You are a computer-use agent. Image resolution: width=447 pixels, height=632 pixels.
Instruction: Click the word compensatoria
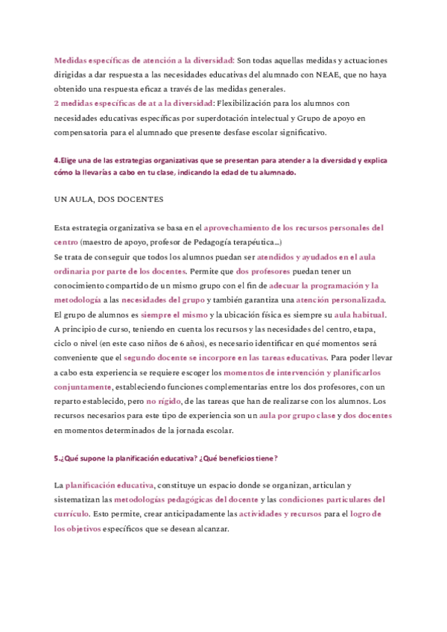point(83,132)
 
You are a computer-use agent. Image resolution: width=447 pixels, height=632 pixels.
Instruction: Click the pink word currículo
point(72,514)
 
